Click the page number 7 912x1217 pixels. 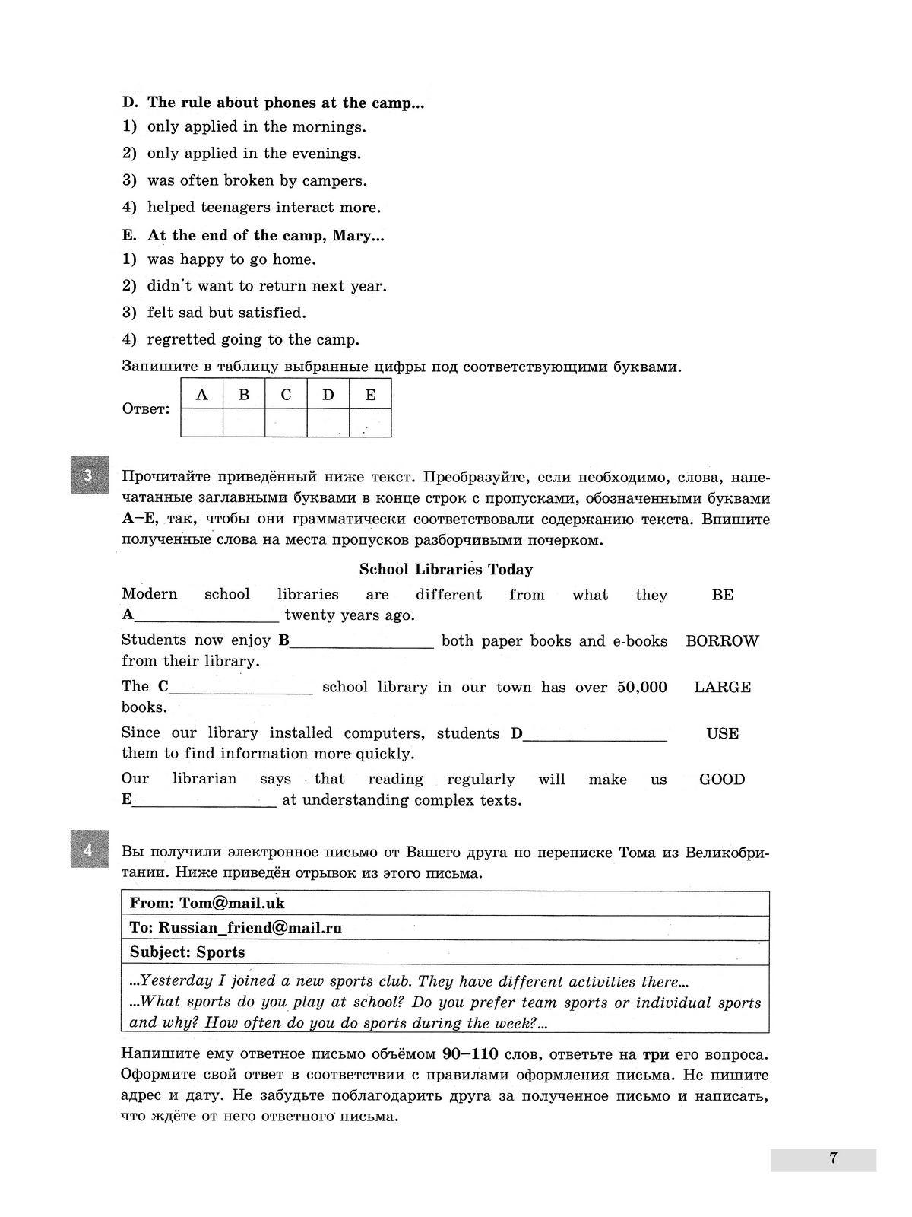coord(833,1158)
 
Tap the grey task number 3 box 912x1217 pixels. coord(90,475)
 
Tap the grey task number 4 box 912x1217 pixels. coord(90,849)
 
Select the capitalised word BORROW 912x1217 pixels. coord(722,640)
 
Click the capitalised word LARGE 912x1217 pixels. coord(722,687)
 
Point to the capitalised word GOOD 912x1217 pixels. coord(722,779)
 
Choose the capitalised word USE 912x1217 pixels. coord(722,733)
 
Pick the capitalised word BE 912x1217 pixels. coord(722,595)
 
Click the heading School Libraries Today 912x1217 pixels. coord(446,569)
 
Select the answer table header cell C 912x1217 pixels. coord(286,394)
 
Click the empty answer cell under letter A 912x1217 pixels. coord(201,423)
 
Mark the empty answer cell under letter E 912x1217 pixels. coord(370,423)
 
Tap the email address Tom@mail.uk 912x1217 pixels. coord(232,903)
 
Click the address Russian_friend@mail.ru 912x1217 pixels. coord(250,927)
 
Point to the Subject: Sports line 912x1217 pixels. coord(187,952)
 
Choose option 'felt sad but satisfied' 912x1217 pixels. coord(226,313)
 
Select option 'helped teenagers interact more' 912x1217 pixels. coord(264,207)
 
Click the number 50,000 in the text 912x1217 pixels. coord(641,687)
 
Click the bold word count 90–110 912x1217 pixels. coord(470,1054)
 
